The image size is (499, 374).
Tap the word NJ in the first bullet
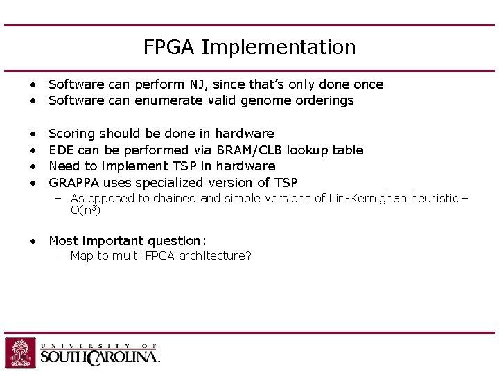(197, 84)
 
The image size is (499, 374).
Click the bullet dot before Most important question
(33, 241)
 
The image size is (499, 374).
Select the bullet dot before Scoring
(33, 134)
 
